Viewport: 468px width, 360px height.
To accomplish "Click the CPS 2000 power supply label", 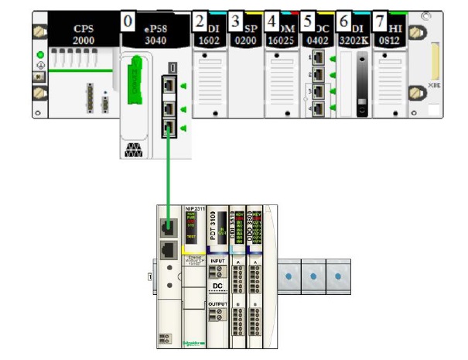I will tap(84, 33).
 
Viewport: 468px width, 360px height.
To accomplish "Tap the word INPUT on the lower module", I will tap(218, 262).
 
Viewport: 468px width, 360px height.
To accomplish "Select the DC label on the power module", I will tap(218, 286).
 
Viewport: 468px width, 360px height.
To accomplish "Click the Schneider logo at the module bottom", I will tap(194, 342).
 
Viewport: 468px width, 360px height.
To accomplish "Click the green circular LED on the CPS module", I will tap(40, 55).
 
